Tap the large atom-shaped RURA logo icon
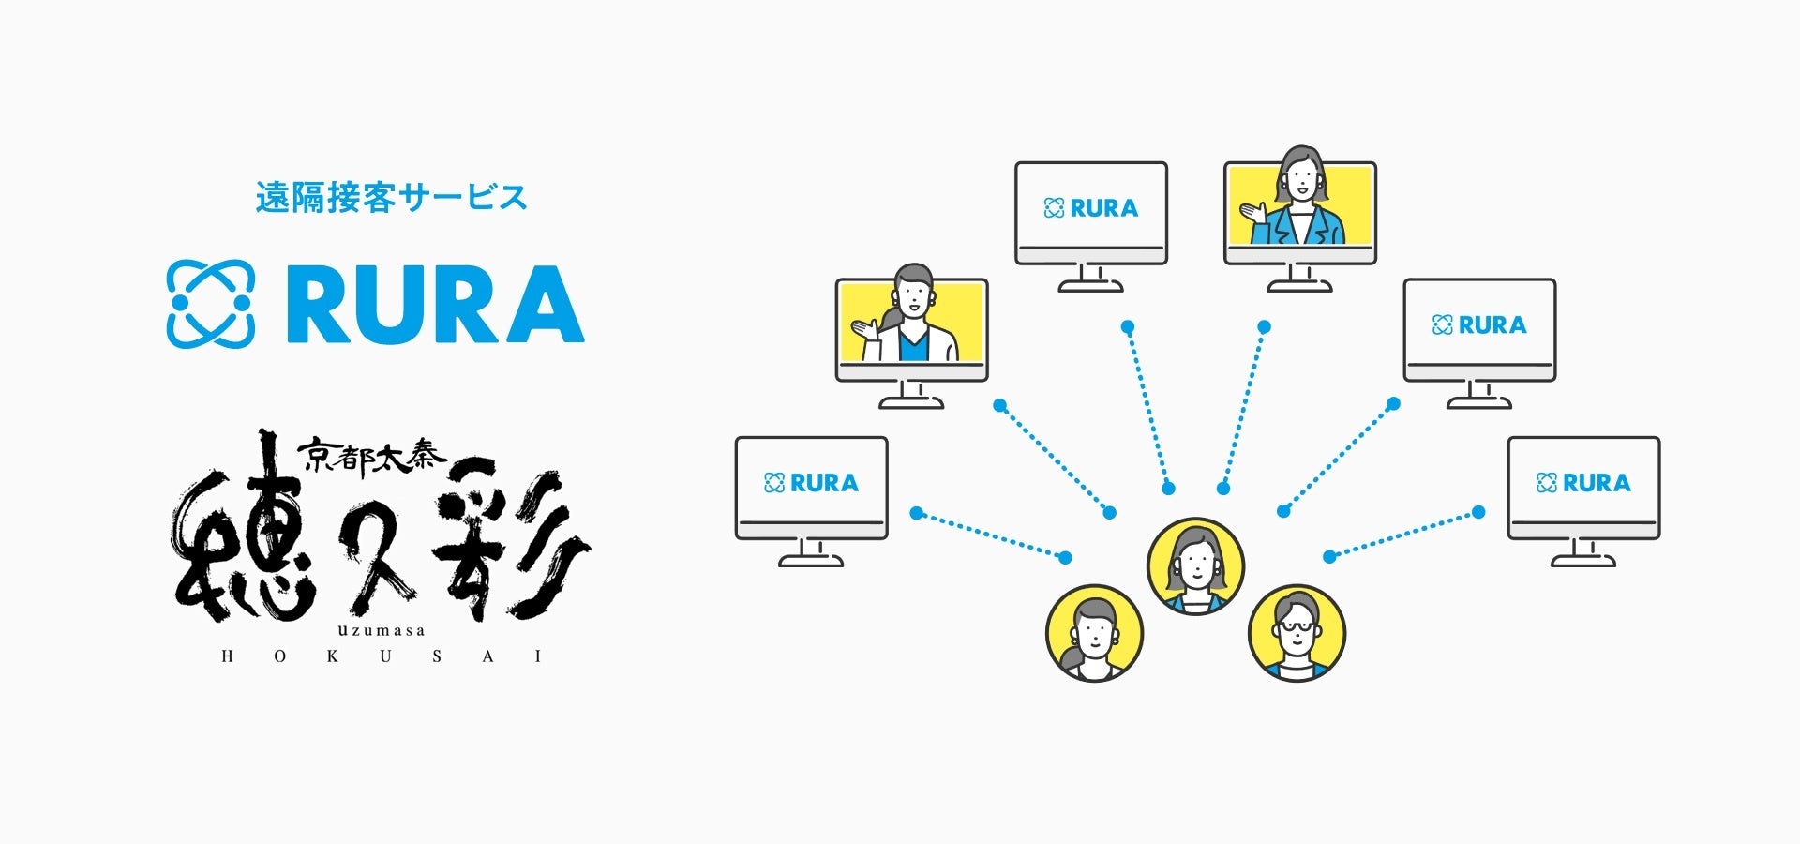[210, 304]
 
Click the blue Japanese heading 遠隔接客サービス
[392, 198]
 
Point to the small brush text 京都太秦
[372, 457]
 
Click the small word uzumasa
[382, 630]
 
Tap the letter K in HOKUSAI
[333, 656]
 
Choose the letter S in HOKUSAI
[437, 656]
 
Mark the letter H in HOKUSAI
[227, 656]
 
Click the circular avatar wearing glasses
[1297, 633]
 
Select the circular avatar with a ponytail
[1094, 633]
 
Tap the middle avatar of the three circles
[1195, 566]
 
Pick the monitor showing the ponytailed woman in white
[911, 329]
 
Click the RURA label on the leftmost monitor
[812, 483]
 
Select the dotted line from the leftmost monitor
[990, 535]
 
